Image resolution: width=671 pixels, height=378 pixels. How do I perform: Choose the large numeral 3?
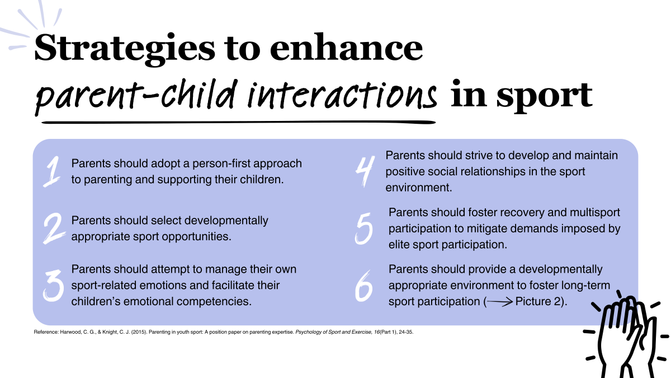coord(53,286)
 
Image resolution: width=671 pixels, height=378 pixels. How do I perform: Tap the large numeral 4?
coord(364,171)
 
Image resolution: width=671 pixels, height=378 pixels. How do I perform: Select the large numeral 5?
coord(365,228)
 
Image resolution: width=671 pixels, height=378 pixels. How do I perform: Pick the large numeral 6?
coord(364,286)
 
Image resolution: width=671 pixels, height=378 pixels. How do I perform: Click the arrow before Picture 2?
coord(499,301)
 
